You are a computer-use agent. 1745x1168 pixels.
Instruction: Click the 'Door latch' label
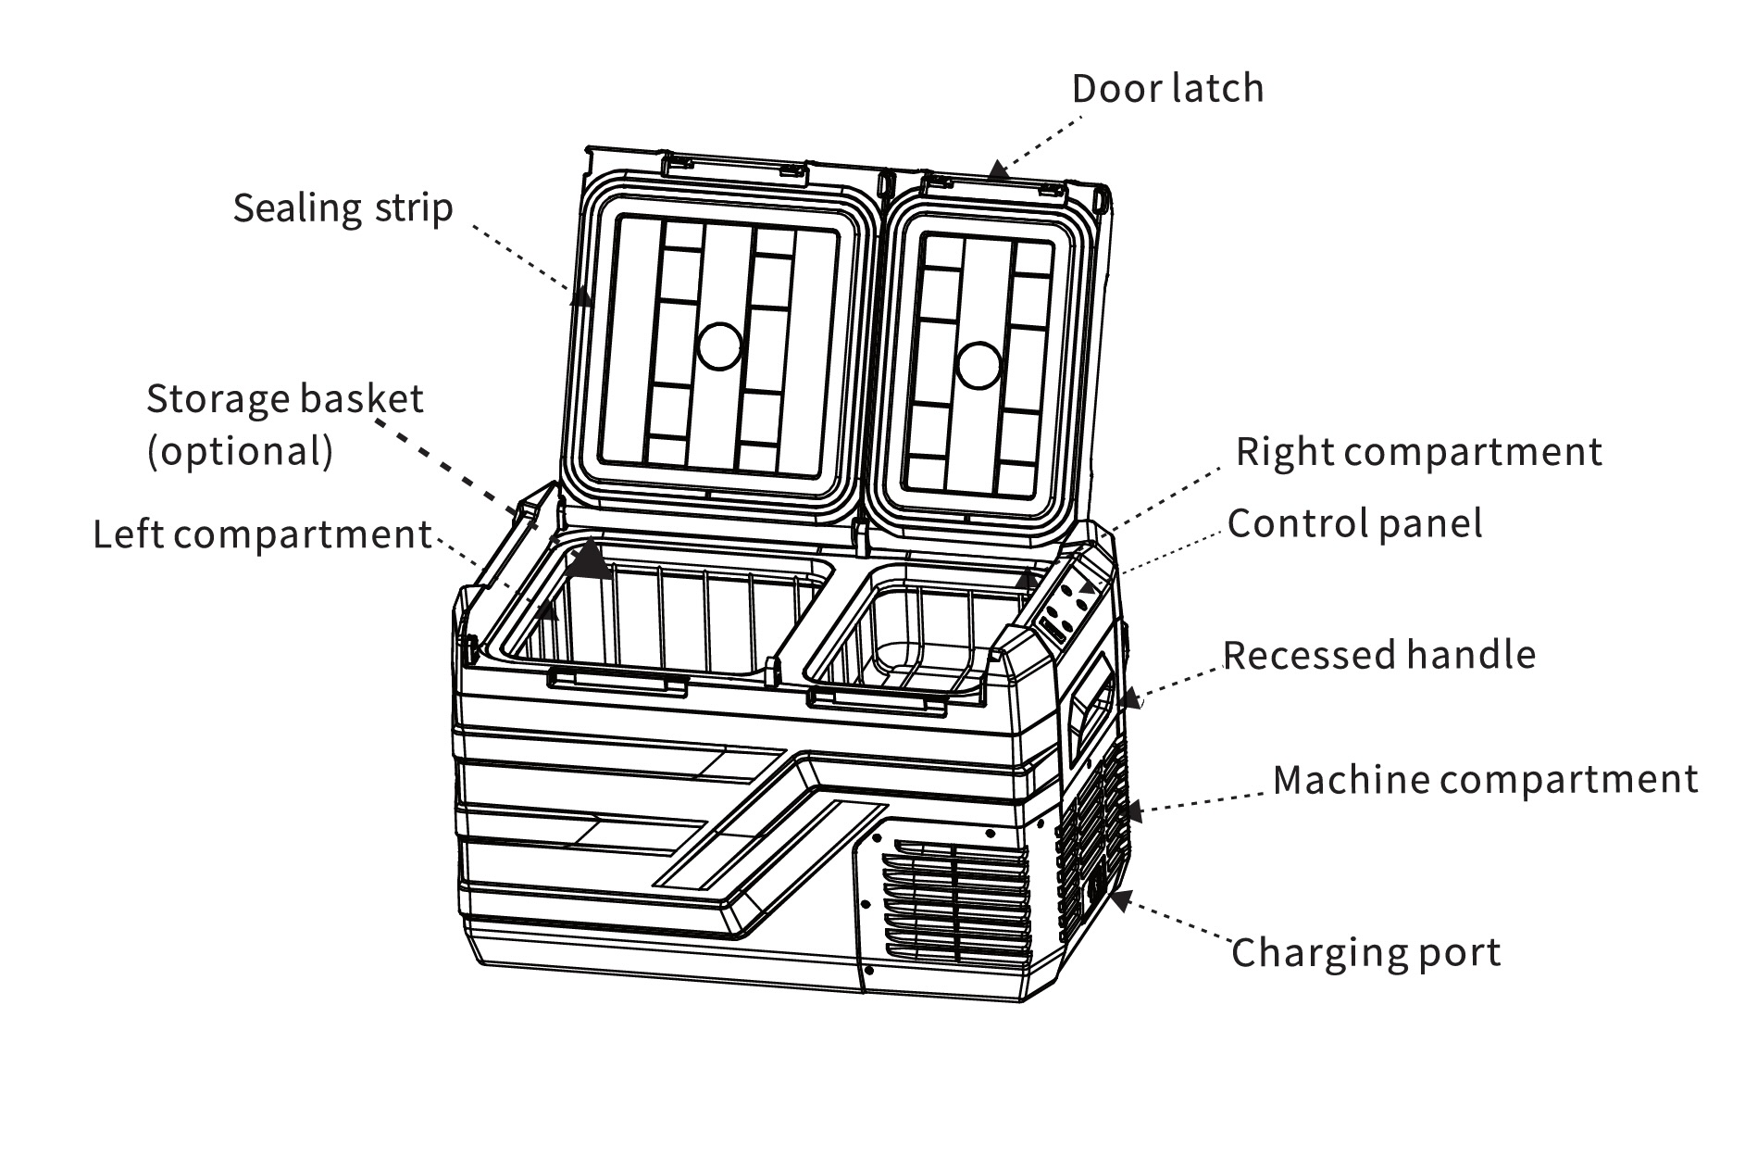(x=1167, y=89)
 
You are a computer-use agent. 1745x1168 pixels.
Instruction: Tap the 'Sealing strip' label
(x=343, y=207)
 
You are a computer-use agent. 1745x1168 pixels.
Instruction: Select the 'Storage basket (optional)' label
(x=284, y=424)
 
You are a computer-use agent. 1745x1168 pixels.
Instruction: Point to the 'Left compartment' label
(x=262, y=534)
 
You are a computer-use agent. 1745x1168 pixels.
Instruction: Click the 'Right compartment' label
(x=1418, y=452)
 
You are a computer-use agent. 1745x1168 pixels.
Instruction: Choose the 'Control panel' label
(x=1354, y=523)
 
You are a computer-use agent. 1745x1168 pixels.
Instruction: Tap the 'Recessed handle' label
(x=1378, y=655)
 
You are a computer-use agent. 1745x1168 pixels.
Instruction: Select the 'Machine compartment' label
(x=1485, y=779)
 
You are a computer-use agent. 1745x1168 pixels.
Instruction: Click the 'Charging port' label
(x=1365, y=952)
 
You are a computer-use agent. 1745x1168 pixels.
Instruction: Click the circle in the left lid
(x=719, y=346)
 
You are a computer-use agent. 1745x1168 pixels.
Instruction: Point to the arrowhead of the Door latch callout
(x=995, y=170)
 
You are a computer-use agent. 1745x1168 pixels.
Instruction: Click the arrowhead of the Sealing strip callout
(x=581, y=295)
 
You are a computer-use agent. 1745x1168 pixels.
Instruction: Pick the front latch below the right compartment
(x=876, y=701)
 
